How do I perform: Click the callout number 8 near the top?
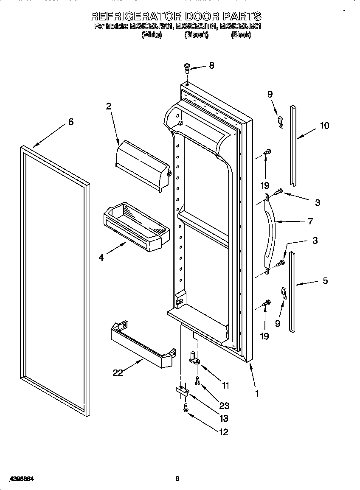[211, 65]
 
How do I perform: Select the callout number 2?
[109, 106]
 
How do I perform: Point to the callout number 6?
[71, 122]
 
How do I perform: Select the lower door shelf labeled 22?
[143, 345]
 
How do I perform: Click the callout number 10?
[324, 126]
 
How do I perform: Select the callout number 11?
[225, 385]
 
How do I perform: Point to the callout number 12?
[224, 432]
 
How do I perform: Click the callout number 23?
[224, 406]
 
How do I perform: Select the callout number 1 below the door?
[257, 393]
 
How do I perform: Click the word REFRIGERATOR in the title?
[135, 16]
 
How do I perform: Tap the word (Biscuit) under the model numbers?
[196, 36]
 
